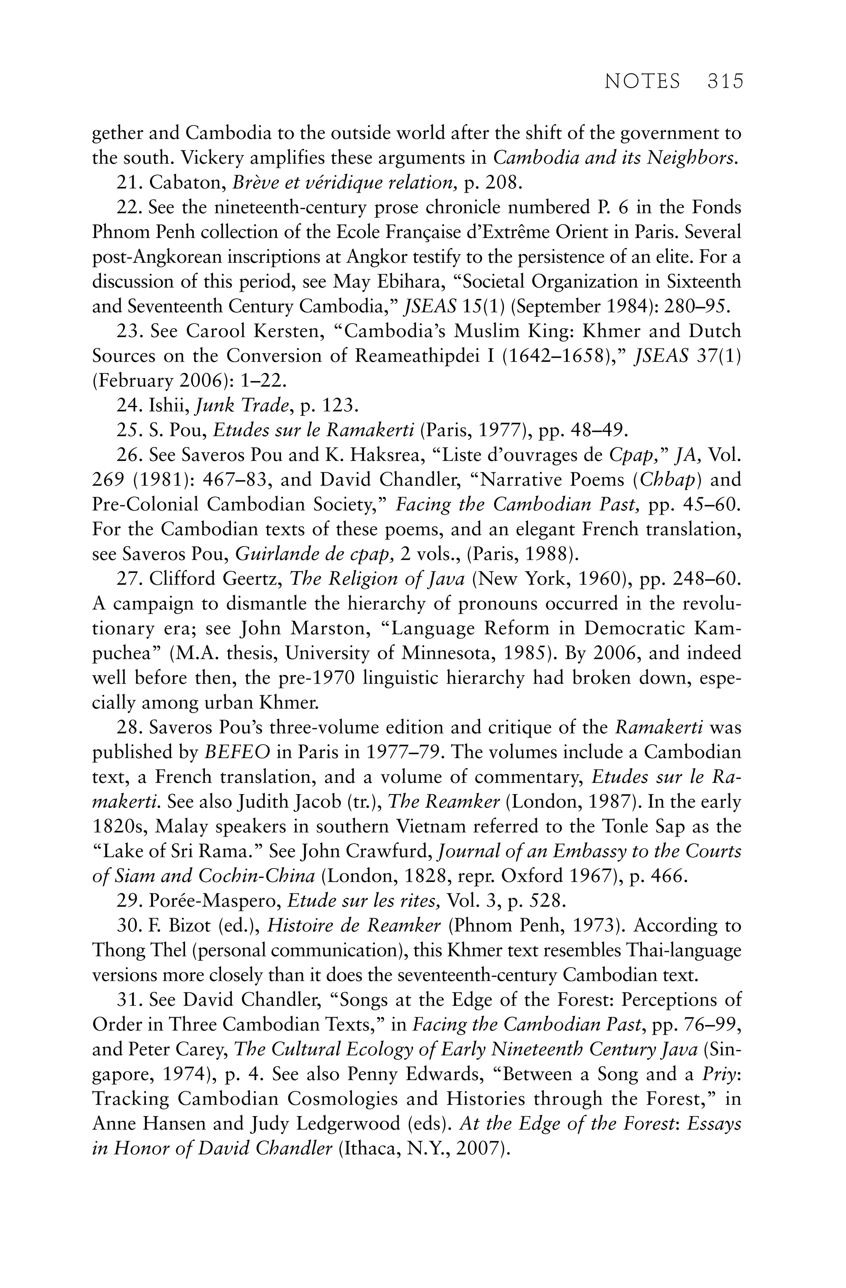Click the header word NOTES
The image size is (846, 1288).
point(642,81)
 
